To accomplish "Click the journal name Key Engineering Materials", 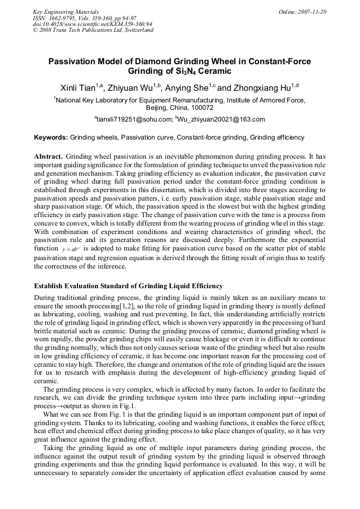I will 66,12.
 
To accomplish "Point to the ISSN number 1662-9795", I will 63,18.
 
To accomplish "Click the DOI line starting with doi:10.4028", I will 92,24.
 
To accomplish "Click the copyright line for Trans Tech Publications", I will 93,30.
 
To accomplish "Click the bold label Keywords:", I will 51,137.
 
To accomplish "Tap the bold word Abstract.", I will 48,157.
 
